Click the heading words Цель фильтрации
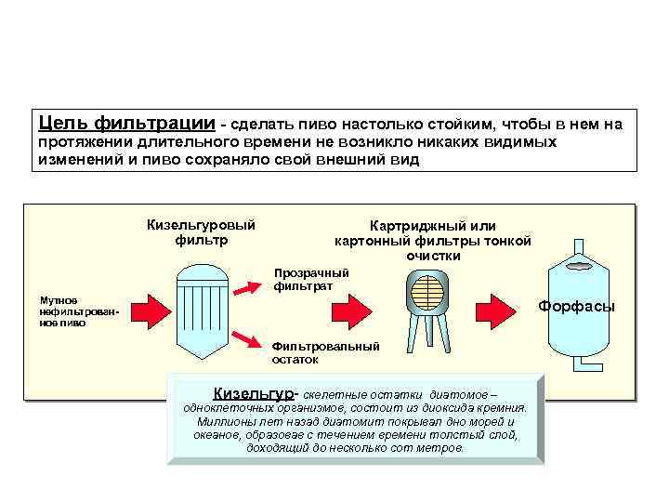pos(125,123)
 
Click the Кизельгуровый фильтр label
pos(201,232)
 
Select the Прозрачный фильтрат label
pos(310,279)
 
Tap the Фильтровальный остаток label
pos(324,352)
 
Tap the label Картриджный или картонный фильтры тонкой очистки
pos(432,240)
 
